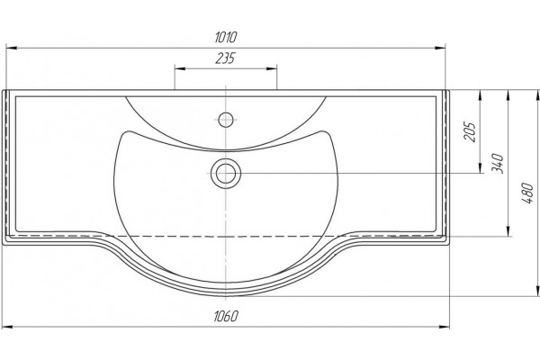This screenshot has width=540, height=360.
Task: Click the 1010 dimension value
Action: click(x=226, y=37)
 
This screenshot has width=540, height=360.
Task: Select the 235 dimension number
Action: click(x=225, y=58)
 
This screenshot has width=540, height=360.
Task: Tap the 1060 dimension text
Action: click(x=226, y=316)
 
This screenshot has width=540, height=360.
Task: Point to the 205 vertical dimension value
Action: click(x=470, y=131)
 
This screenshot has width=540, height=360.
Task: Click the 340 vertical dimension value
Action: click(x=498, y=164)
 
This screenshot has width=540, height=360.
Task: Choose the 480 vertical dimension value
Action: click(x=528, y=193)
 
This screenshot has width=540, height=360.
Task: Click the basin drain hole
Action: click(x=226, y=174)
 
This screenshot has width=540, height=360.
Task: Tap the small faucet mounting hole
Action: click(x=226, y=120)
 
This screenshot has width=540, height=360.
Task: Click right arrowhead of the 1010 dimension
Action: click(x=440, y=49)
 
